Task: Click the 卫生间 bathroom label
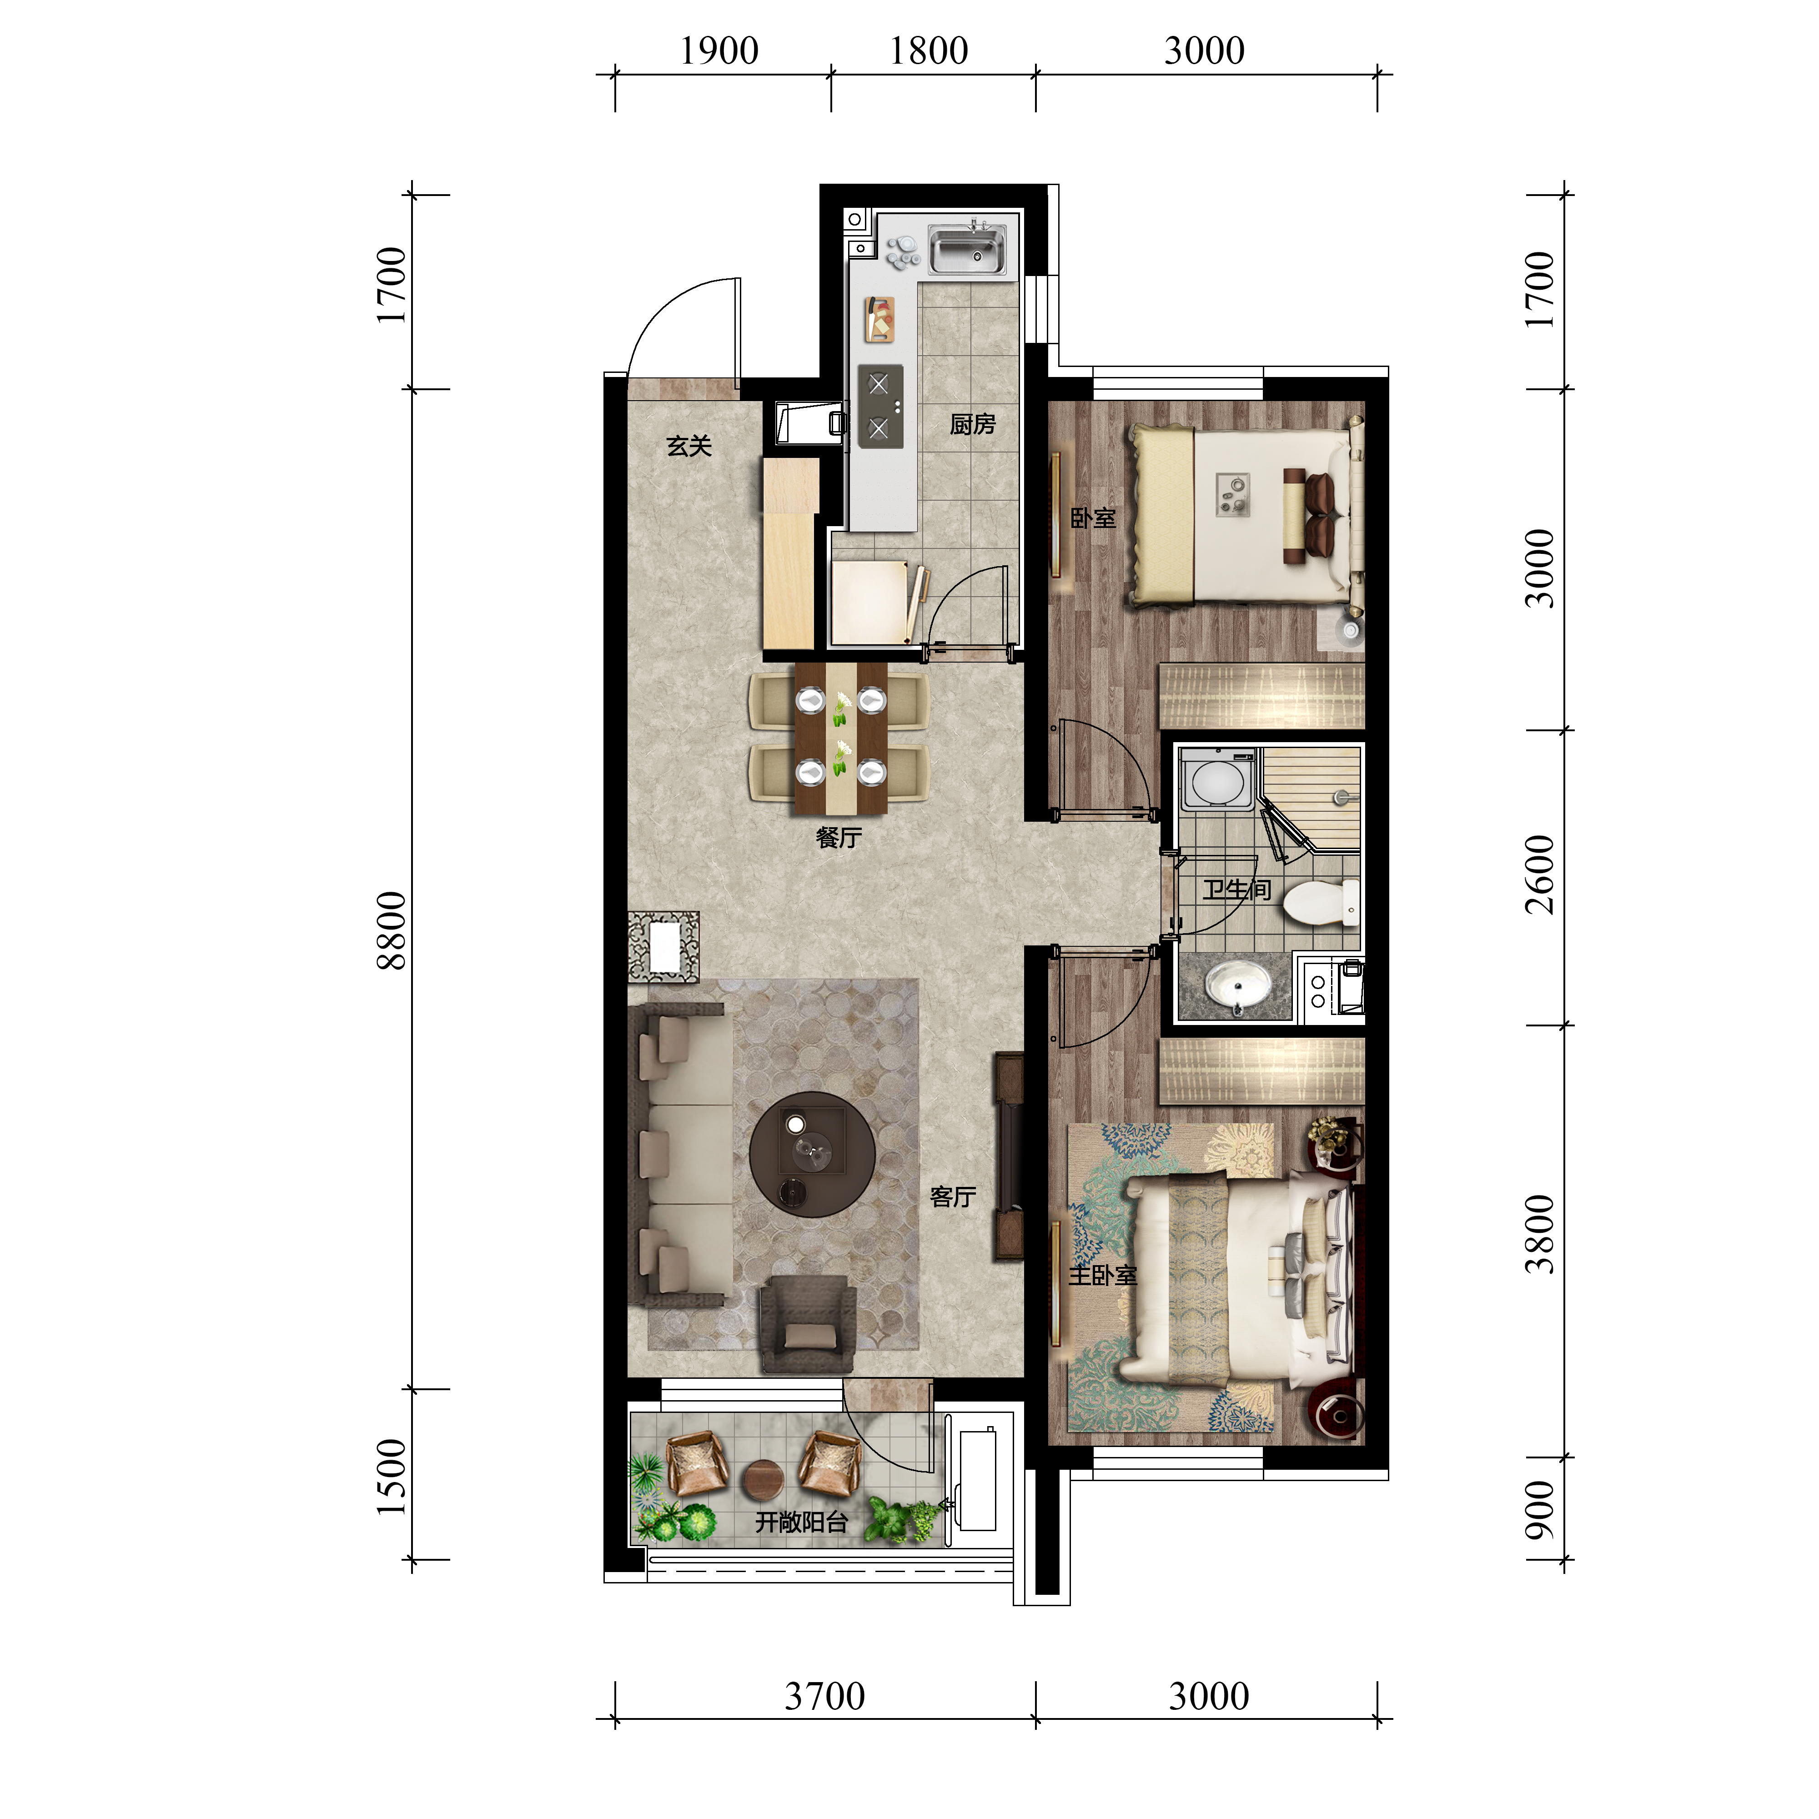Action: click(1236, 889)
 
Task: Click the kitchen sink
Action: click(967, 249)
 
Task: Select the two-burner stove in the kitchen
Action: click(879, 407)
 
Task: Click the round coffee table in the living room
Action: click(812, 1154)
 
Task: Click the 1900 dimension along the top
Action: click(719, 51)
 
